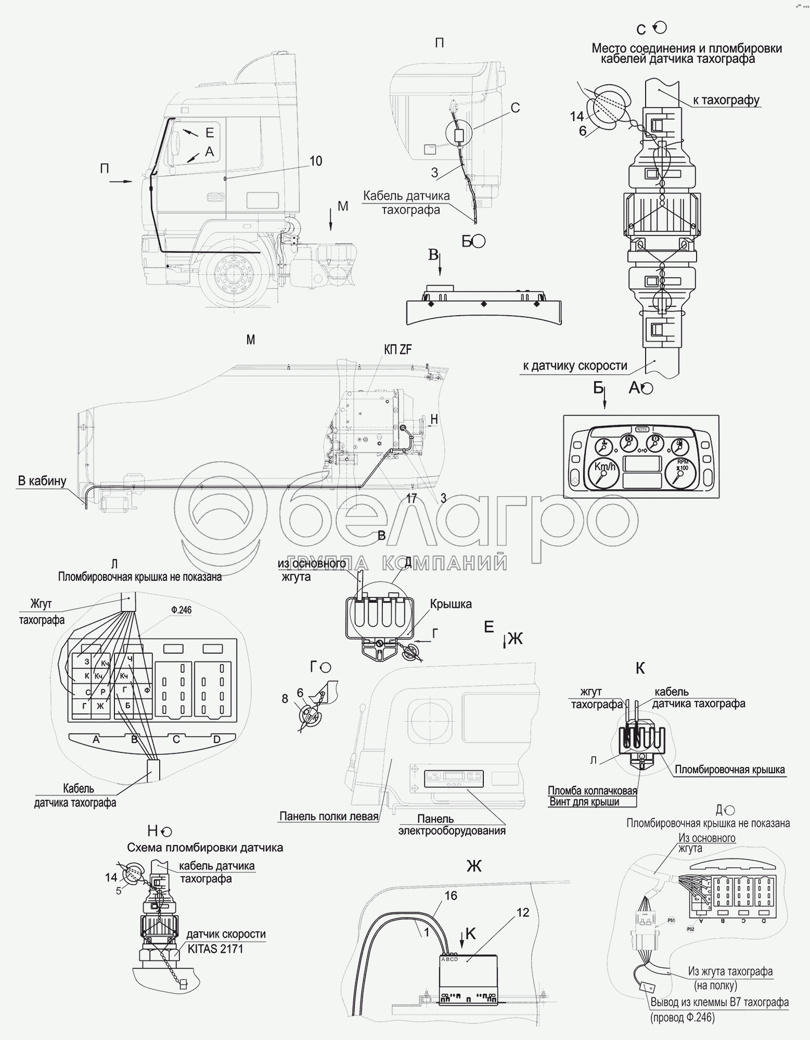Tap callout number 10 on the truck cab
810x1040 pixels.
[x=316, y=161]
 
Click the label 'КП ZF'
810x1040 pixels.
[x=398, y=349]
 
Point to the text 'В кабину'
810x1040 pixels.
[x=42, y=480]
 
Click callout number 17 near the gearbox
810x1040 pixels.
[x=412, y=499]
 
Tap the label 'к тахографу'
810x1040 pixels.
[x=726, y=100]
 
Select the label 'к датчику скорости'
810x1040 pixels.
[x=575, y=366]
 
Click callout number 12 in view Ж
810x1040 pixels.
[x=523, y=927]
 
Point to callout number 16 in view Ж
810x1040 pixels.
[x=451, y=909]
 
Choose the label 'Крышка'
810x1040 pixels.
[x=451, y=604]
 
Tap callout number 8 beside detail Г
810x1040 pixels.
[x=285, y=699]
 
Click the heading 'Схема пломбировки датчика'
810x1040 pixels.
[x=205, y=848]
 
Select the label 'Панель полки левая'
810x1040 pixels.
[x=328, y=816]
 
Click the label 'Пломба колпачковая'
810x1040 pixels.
[x=592, y=790]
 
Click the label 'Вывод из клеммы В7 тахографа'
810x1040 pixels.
[x=719, y=1002]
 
